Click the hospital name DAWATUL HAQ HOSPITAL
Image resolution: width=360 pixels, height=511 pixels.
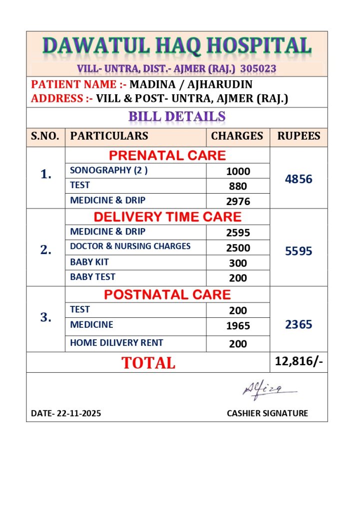(177, 46)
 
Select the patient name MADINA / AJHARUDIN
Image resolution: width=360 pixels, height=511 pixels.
(191, 84)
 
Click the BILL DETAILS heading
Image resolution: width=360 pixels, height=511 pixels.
(177, 117)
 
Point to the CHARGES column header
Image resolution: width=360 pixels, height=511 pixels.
(237, 136)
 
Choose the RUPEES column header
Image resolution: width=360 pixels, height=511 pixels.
(299, 136)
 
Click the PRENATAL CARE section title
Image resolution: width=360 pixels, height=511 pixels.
(167, 155)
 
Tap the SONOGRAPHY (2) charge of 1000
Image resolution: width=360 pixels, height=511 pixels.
(238, 171)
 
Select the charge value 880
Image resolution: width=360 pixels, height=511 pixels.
(238, 186)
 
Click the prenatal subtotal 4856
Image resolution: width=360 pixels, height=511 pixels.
(299, 179)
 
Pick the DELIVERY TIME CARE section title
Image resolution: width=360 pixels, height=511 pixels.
(167, 217)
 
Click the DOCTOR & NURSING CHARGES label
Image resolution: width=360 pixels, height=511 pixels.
(130, 246)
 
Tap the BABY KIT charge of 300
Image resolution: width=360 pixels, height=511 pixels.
(238, 263)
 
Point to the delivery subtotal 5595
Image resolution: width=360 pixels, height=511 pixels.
(299, 251)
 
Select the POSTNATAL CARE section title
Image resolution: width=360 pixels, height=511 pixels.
(167, 294)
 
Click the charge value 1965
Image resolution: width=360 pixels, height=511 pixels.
(238, 326)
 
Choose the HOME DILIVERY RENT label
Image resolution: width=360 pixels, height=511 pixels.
(116, 343)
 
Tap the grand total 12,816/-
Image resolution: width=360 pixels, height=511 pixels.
(299, 361)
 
